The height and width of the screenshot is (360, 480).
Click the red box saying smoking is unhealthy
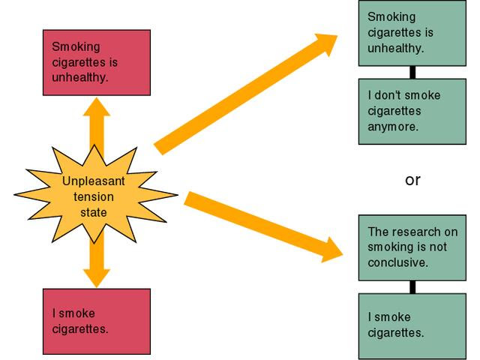coord(96,62)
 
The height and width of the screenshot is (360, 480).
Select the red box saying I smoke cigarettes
coord(96,320)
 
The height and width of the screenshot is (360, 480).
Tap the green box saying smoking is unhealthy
coord(412,33)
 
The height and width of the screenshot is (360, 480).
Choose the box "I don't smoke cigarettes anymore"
coord(412,111)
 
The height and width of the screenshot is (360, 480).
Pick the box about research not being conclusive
coord(412,247)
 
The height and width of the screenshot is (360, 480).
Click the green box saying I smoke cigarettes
coord(412,325)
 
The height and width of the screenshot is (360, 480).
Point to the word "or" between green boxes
coord(412,180)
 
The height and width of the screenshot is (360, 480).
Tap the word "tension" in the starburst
coord(94,197)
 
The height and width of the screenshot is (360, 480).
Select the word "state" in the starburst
coord(94,212)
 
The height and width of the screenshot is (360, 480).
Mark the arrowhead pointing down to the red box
coord(96,277)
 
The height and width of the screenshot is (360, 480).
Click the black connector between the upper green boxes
coord(412,73)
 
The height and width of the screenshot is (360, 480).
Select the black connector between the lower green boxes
coord(412,286)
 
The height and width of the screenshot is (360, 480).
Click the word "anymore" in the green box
coord(392,127)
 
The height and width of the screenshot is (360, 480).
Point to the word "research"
coord(411,232)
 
